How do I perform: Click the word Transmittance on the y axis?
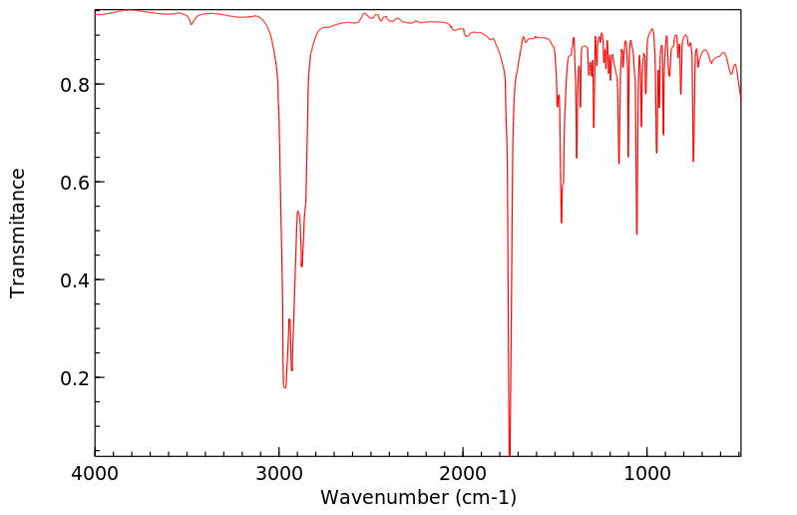pyautogui.click(x=18, y=233)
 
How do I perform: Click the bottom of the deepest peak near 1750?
pyautogui.click(x=510, y=454)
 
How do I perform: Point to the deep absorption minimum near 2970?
pyautogui.click(x=284, y=387)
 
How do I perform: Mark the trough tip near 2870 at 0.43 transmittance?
pyautogui.click(x=302, y=266)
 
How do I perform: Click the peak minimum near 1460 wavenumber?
pyautogui.click(x=562, y=223)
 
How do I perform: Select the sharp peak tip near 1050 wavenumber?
pyautogui.click(x=636, y=235)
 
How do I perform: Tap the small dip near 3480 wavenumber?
pyautogui.click(x=192, y=24)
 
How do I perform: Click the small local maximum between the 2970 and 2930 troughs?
pyautogui.click(x=289, y=319)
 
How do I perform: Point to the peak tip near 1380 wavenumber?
pyautogui.click(x=577, y=158)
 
